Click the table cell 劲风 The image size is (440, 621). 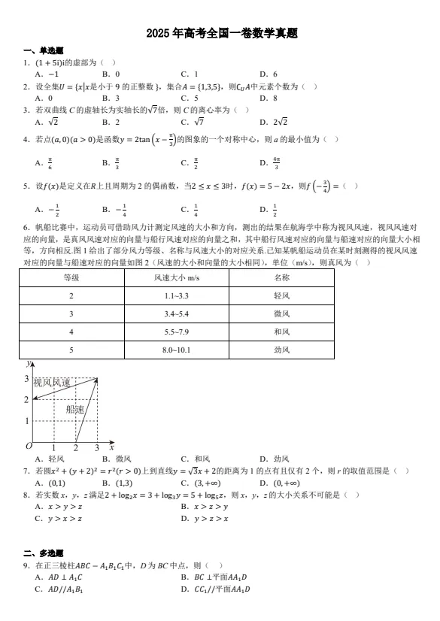[281, 350]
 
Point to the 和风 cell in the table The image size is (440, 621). [281, 332]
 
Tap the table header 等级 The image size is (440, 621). [71, 277]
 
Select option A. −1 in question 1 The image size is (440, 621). [47, 74]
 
